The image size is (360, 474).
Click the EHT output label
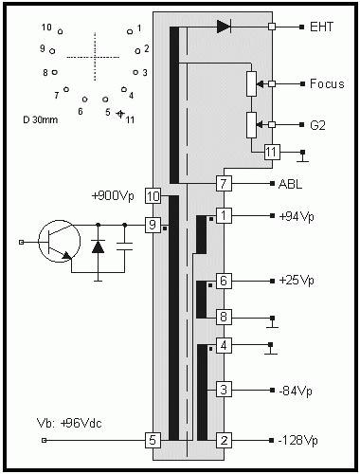[x=321, y=27]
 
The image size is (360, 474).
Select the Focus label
[x=326, y=84]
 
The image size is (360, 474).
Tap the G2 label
[x=318, y=124]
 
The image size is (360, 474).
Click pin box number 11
[x=272, y=151]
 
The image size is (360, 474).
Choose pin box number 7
[x=224, y=182]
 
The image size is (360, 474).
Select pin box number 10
[x=153, y=196]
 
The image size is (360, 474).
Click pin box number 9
[x=153, y=225]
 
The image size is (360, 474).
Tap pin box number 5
[x=153, y=440]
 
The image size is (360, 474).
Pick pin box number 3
[x=224, y=390]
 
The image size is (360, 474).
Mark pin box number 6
[x=224, y=282]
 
